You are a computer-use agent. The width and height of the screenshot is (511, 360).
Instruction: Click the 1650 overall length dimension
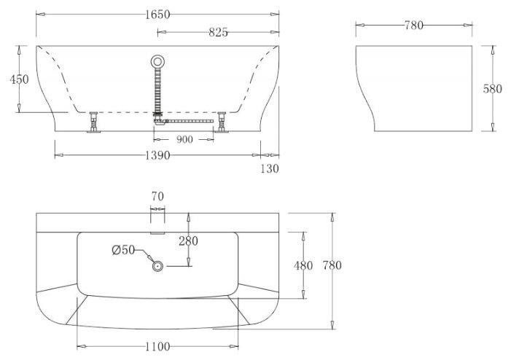157,15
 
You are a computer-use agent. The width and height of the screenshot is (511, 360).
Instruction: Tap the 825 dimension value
218,32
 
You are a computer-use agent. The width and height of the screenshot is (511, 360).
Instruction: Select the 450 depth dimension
19,79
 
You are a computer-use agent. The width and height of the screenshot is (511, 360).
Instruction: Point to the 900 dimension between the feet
184,139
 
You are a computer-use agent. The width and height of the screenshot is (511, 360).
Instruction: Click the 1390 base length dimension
157,155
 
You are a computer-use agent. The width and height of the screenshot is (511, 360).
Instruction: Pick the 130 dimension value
270,168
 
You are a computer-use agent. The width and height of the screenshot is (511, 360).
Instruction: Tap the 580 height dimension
493,89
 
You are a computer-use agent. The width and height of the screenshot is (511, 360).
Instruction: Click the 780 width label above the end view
414,25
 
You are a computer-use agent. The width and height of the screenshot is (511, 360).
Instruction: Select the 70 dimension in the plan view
157,197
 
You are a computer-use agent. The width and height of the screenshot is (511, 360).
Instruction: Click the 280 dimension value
188,241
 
